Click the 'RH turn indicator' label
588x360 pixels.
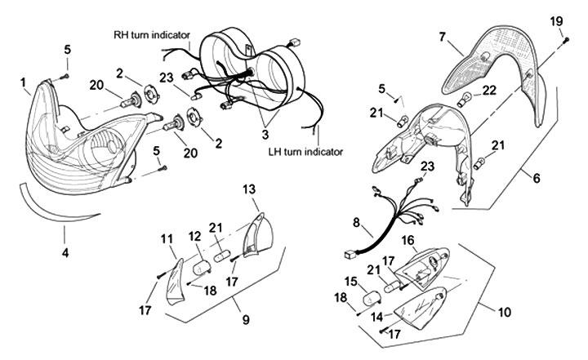(x=152, y=35)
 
